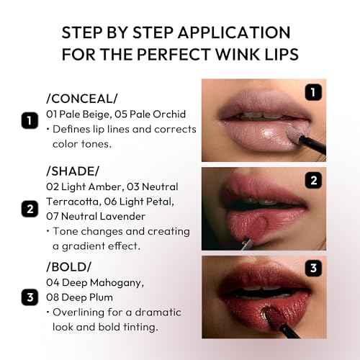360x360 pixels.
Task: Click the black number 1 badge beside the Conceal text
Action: [x=29, y=120]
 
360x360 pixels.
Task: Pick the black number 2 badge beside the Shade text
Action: [x=29, y=210]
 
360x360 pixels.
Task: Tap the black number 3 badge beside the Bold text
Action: [x=29, y=297]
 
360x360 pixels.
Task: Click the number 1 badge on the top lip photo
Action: [x=312, y=92]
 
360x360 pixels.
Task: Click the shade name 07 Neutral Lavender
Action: [x=98, y=217]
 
